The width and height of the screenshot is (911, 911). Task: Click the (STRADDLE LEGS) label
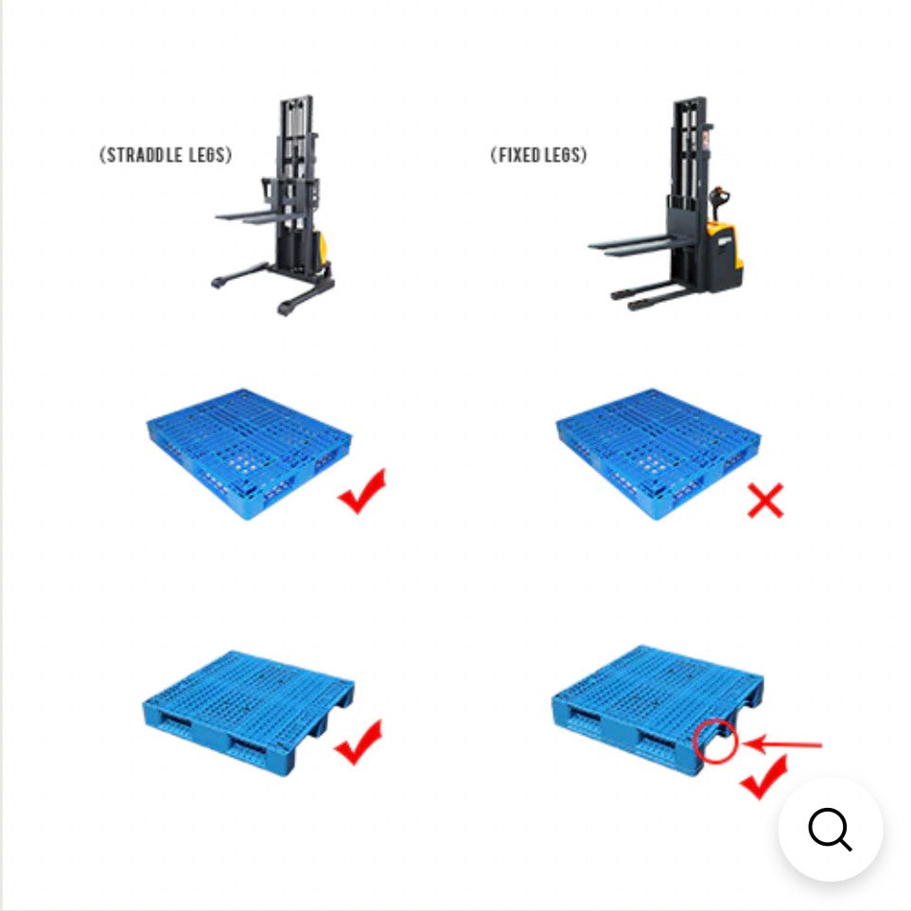click(x=166, y=155)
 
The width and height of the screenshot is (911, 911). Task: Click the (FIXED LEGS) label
click(x=538, y=155)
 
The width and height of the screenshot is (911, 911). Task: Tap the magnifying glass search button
click(x=831, y=829)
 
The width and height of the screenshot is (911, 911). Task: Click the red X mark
click(x=765, y=500)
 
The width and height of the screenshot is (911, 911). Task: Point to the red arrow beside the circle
click(x=782, y=745)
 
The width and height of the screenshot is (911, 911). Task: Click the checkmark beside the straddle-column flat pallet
click(x=361, y=491)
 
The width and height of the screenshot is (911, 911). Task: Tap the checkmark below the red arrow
click(x=763, y=778)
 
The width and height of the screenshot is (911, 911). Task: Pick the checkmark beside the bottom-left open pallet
click(x=359, y=742)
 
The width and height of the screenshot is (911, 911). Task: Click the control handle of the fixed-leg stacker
click(x=719, y=201)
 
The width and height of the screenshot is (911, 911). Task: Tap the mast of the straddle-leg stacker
click(x=296, y=180)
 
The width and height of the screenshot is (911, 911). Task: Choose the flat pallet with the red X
click(x=658, y=454)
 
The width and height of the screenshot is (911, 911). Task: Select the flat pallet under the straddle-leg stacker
click(x=249, y=454)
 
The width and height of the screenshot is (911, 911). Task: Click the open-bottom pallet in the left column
click(x=249, y=713)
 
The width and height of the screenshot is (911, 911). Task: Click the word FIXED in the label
click(x=518, y=155)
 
